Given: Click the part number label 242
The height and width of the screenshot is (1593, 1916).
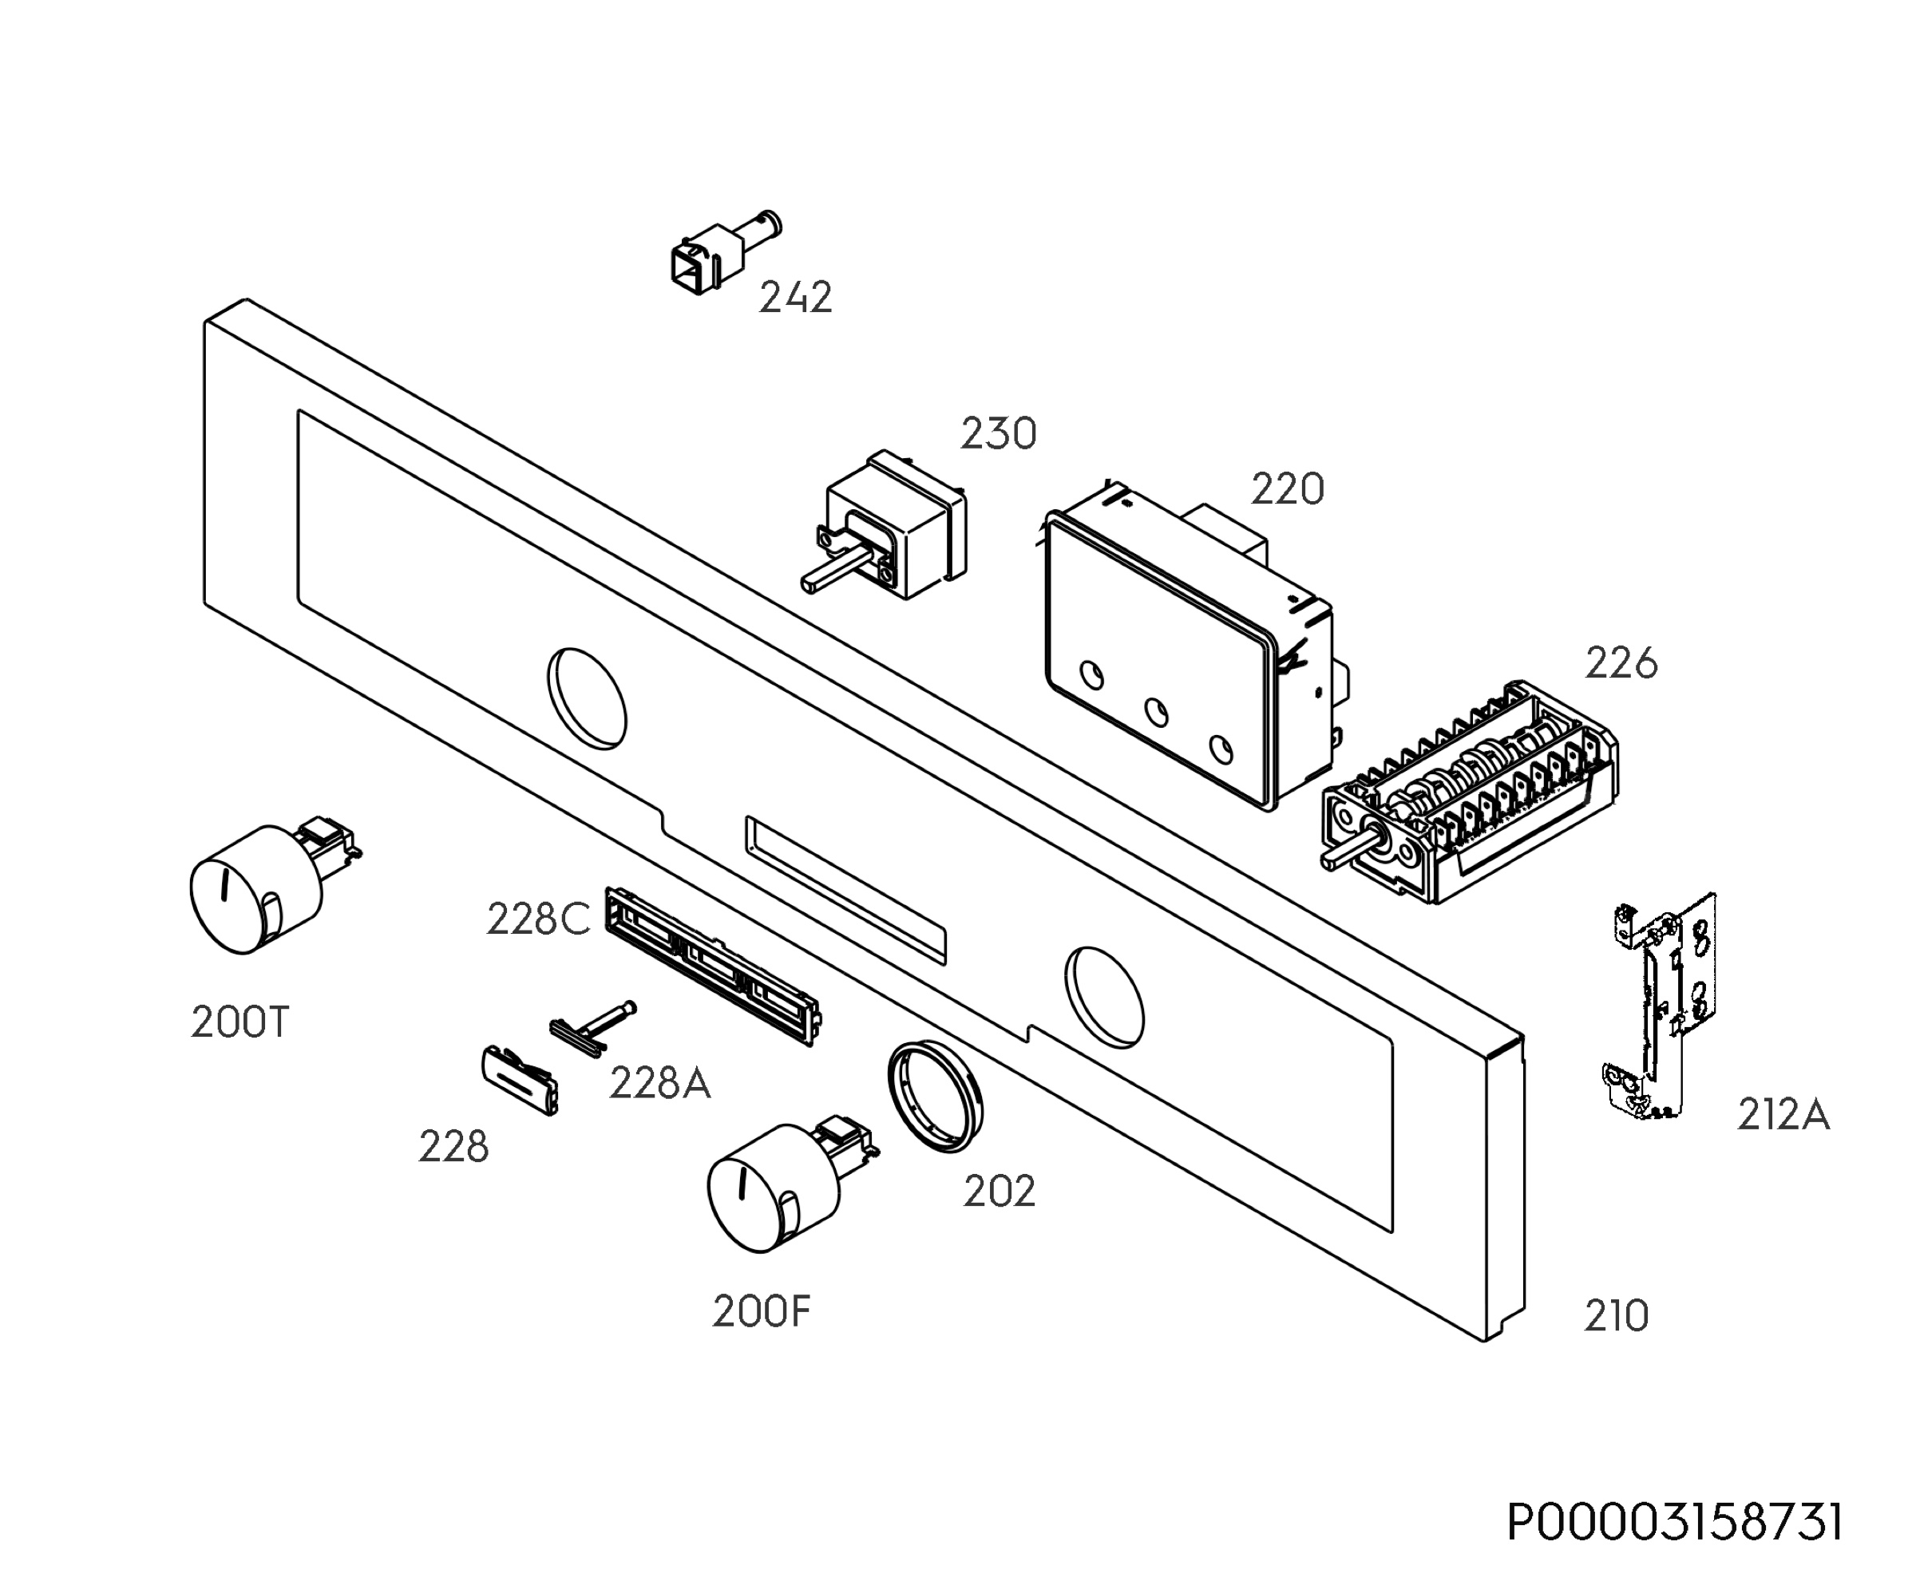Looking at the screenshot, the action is (x=796, y=298).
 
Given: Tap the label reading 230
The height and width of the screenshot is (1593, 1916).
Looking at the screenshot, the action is (x=998, y=434).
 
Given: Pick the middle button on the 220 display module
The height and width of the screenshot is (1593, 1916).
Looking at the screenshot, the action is (x=1156, y=712).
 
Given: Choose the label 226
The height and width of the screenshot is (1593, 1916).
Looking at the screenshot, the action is (x=1621, y=663).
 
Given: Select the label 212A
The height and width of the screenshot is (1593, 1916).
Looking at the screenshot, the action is (x=1783, y=1115).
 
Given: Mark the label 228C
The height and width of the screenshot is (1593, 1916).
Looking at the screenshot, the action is (x=538, y=919).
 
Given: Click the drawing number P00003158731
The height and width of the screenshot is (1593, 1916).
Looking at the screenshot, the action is (x=1674, y=1523).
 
